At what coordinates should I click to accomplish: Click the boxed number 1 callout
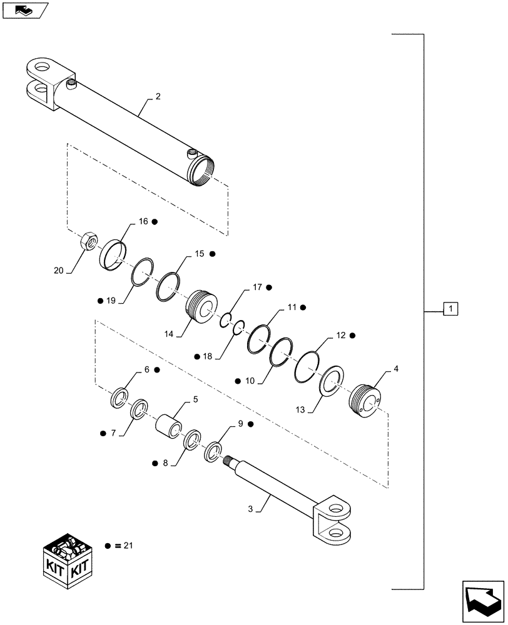pyautogui.click(x=451, y=308)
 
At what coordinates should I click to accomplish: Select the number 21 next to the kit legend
pyautogui.click(x=128, y=546)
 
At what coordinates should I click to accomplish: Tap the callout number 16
pyautogui.click(x=143, y=221)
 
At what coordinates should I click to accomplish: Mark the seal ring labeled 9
pyautogui.click(x=213, y=452)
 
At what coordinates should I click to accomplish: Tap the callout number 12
pyautogui.click(x=340, y=336)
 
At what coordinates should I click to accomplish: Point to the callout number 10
pyautogui.click(x=250, y=380)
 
